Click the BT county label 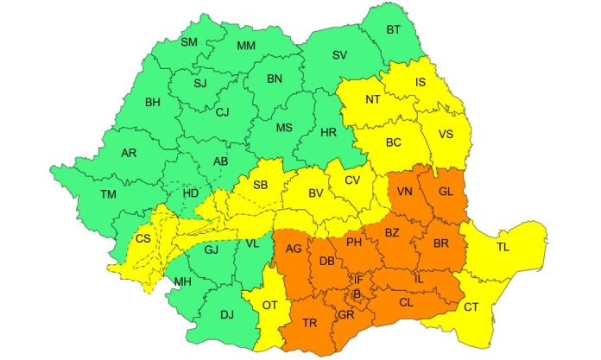click(x=394, y=30)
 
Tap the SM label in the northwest click(x=189, y=41)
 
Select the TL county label click(x=503, y=246)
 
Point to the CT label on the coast click(x=471, y=306)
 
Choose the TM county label click(x=108, y=195)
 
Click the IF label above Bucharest click(x=358, y=279)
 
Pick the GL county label click(x=446, y=192)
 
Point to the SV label click(x=339, y=55)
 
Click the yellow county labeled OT click(x=269, y=305)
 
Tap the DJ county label click(x=227, y=314)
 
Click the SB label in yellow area click(x=260, y=185)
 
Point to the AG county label click(x=294, y=249)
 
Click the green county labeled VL click(x=252, y=244)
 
